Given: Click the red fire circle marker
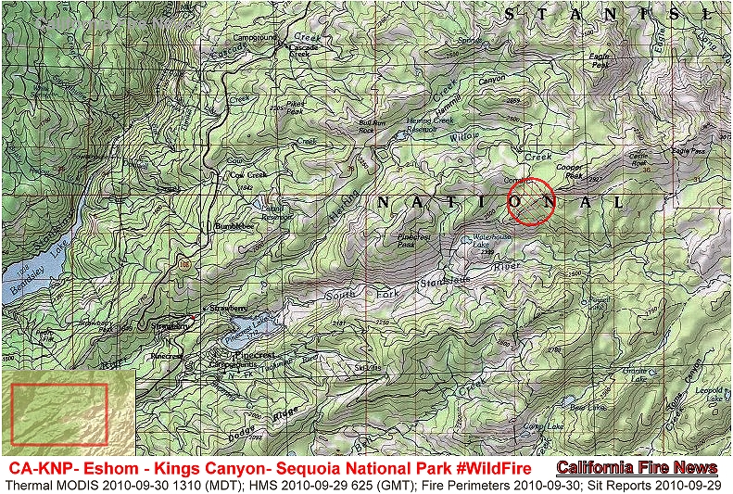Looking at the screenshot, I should [531, 200].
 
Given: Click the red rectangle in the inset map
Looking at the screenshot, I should [58, 412].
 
